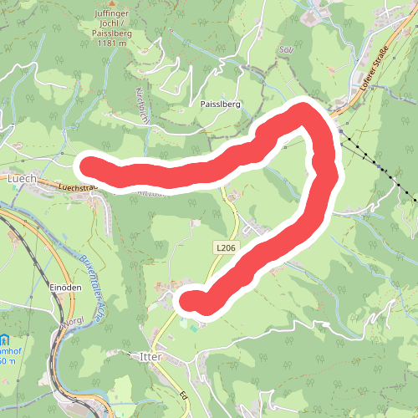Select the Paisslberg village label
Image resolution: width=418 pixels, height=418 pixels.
[x=221, y=105]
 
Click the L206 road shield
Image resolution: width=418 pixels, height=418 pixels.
[x=224, y=247]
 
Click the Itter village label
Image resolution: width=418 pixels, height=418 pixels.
[x=146, y=356]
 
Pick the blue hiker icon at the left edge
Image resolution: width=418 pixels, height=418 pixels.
[x=4, y=341]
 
